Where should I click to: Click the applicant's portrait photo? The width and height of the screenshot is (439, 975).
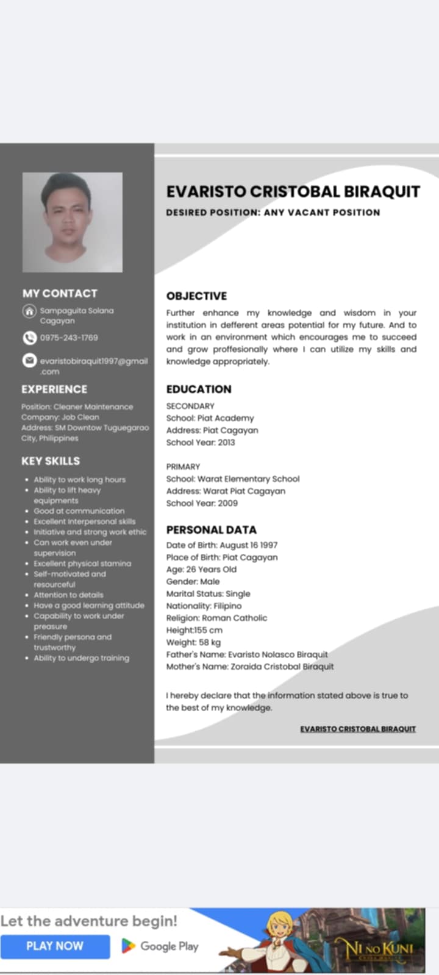[x=73, y=222]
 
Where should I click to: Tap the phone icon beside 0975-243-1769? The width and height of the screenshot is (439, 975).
[x=29, y=338]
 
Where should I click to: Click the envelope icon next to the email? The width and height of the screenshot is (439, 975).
[x=29, y=361]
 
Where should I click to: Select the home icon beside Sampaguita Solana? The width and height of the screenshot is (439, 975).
[x=29, y=311]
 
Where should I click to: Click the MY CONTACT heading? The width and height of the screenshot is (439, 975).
[x=60, y=293]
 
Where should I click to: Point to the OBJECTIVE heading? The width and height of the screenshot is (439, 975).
[x=196, y=296]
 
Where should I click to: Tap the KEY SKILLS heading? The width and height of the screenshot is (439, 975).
[x=51, y=461]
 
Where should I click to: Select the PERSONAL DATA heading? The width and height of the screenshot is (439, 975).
[x=211, y=530]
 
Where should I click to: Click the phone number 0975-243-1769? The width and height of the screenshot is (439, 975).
[x=69, y=338]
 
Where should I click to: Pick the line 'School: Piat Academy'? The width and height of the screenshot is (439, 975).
[x=210, y=418]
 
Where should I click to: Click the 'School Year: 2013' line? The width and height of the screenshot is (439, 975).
[x=200, y=442]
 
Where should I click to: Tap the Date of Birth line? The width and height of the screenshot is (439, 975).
[x=221, y=545]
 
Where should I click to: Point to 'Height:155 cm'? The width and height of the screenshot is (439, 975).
[x=194, y=630]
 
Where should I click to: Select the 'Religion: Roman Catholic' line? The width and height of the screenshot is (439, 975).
[x=216, y=618]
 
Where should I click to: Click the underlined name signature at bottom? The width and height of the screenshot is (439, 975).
[x=358, y=729]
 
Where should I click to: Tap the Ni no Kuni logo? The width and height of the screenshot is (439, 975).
[x=379, y=949]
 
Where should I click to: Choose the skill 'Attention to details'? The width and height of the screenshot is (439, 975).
[x=68, y=595]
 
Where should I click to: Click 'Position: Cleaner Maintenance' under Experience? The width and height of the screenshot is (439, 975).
[x=77, y=406]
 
